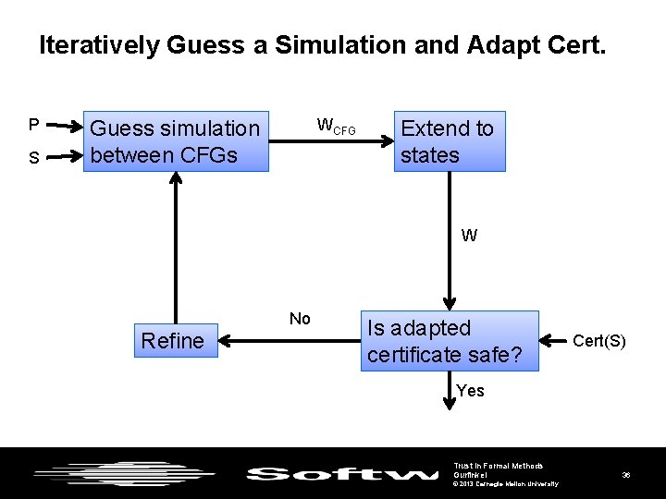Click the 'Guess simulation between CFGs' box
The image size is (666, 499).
click(176, 141)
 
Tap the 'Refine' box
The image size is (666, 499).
click(173, 341)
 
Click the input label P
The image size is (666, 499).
click(33, 125)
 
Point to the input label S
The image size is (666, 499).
click(33, 158)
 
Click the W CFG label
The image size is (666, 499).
click(336, 126)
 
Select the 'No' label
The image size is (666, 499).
click(300, 319)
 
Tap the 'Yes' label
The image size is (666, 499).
click(470, 391)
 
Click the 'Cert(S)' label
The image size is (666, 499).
click(599, 341)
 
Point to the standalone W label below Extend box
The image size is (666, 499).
click(469, 236)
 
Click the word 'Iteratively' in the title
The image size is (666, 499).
click(98, 45)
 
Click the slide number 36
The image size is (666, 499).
click(626, 475)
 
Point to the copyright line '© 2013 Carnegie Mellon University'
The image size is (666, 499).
click(505, 483)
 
